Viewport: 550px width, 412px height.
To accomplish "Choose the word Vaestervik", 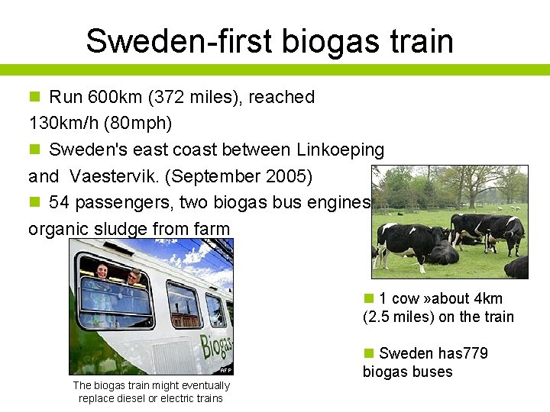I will [x=114, y=176].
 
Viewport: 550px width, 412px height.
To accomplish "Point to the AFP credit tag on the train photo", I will [x=225, y=370].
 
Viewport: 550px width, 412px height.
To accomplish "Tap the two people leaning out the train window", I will [x=117, y=275].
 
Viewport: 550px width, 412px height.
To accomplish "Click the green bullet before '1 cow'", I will [x=368, y=298].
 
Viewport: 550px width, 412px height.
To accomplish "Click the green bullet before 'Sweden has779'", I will [x=368, y=353].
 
